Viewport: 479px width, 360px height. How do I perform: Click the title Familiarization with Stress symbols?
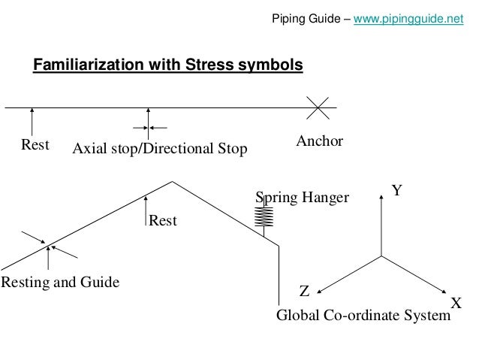click(167, 65)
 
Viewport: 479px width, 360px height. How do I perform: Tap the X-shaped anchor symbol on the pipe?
click(320, 108)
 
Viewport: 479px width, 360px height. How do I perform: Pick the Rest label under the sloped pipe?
click(163, 221)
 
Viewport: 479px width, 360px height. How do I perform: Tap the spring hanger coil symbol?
click(264, 216)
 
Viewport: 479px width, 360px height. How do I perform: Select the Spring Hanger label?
click(303, 198)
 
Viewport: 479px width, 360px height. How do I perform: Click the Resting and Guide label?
click(60, 283)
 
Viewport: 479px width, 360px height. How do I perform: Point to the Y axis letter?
click(398, 191)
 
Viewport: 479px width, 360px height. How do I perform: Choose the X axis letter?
click(455, 303)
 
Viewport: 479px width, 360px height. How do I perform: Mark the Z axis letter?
click(304, 290)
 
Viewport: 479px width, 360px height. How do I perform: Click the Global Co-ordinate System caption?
click(363, 316)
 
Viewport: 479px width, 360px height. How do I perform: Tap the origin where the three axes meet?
click(382, 256)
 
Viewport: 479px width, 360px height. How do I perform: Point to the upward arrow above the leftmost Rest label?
click(32, 120)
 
